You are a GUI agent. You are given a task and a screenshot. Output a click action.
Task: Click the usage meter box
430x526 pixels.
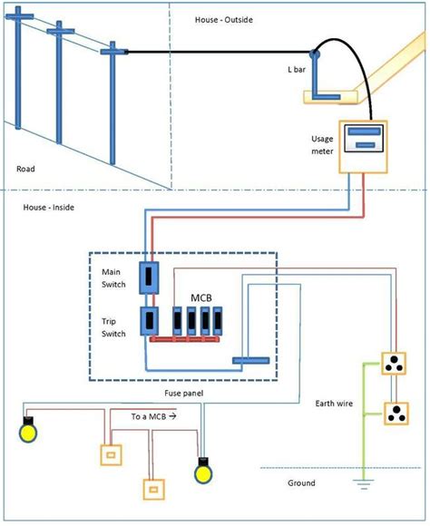tap(363, 147)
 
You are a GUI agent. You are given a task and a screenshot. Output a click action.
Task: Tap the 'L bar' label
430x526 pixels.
tap(297, 70)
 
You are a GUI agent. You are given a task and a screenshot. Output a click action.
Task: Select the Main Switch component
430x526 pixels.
tap(149, 278)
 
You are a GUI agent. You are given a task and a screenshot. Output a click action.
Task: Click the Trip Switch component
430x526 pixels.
tap(149, 321)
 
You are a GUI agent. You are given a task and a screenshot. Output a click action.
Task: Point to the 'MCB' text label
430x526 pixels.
tap(201, 297)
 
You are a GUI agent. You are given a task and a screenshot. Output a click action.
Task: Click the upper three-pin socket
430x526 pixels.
tap(394, 364)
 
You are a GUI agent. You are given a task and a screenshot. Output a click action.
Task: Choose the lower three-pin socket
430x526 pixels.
tap(396, 414)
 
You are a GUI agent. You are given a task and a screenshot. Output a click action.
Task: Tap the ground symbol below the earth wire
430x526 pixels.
tap(363, 484)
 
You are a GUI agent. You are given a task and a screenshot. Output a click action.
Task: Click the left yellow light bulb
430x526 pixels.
tap(28, 430)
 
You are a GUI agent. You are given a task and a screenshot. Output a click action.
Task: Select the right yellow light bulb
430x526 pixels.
tap(203, 471)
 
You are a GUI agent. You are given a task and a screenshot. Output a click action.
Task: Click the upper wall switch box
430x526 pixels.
tap(111, 455)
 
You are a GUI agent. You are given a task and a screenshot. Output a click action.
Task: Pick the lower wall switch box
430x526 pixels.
tap(153, 490)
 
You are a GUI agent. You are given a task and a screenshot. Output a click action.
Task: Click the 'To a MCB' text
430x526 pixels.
tap(149, 416)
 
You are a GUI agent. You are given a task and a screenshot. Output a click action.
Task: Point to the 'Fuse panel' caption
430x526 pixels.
tap(183, 394)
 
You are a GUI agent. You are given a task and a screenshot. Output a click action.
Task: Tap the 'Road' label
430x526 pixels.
tap(25, 169)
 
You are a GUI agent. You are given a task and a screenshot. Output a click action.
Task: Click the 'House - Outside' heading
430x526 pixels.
tap(224, 20)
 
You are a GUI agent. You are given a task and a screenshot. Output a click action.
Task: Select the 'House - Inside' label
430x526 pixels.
tap(49, 208)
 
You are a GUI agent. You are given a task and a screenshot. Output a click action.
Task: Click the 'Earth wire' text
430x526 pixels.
tap(334, 404)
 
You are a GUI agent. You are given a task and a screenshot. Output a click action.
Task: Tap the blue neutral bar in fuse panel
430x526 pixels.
tap(250, 361)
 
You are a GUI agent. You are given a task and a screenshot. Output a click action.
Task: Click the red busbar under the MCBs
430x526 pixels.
tap(185, 339)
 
